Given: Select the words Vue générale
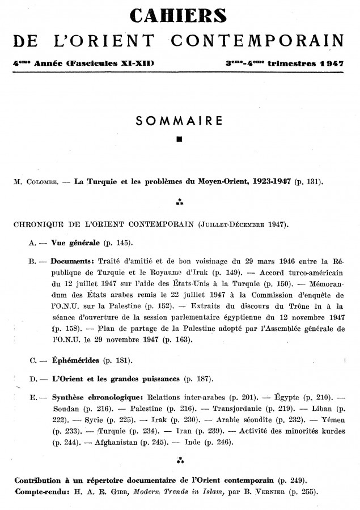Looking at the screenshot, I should click(75, 243).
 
